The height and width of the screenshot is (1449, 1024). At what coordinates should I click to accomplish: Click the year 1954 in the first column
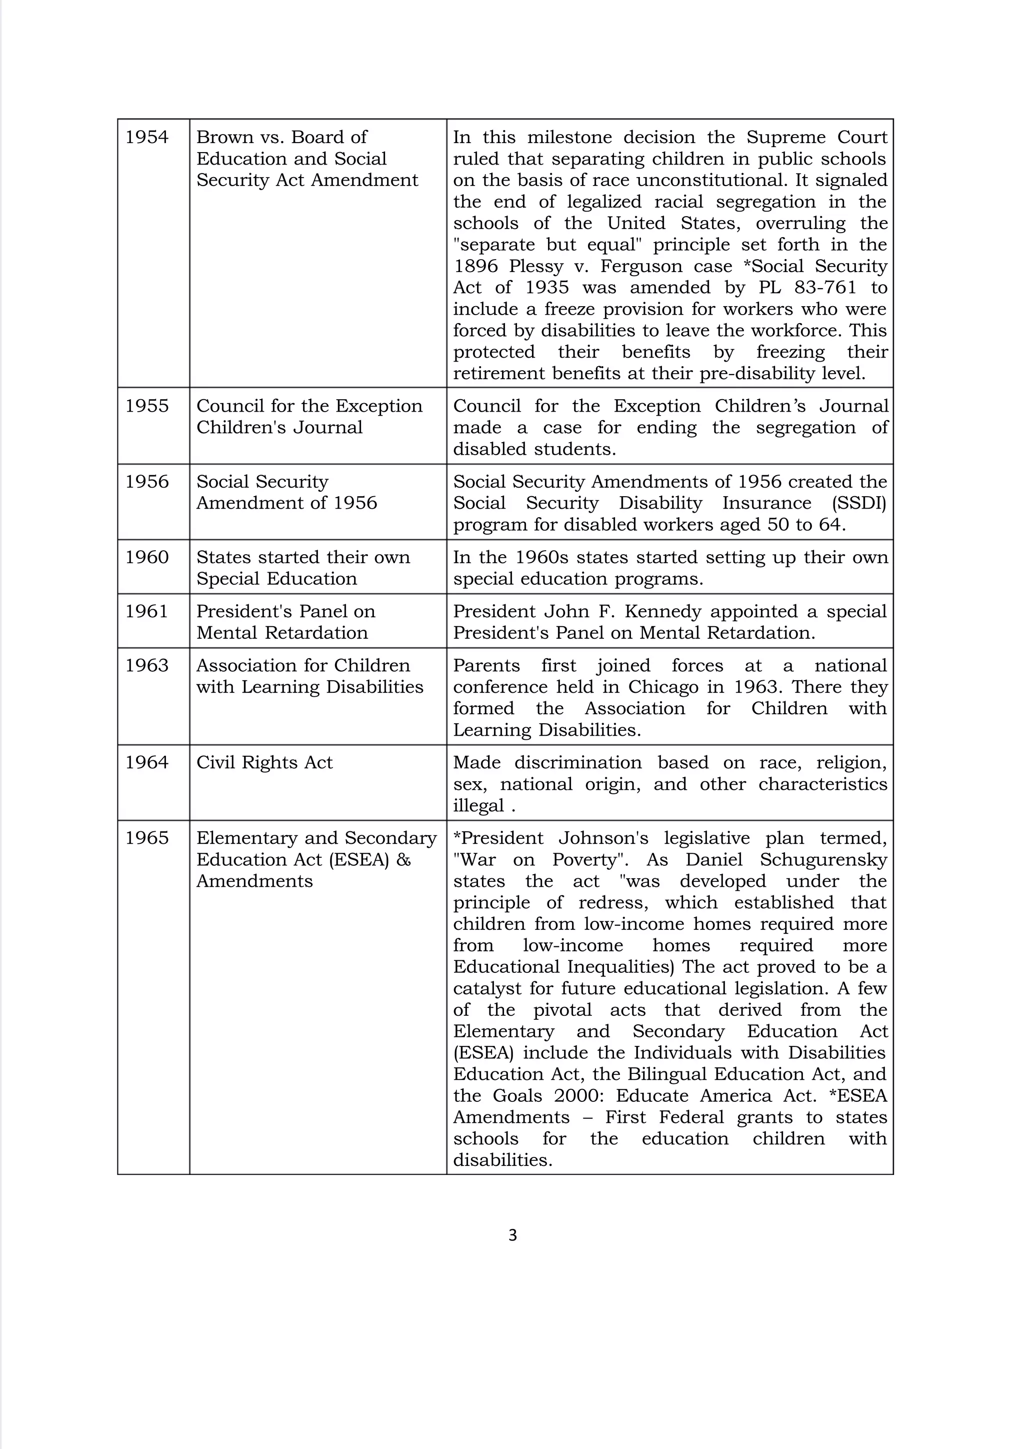point(146,137)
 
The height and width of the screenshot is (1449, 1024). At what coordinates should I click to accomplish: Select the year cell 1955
point(146,406)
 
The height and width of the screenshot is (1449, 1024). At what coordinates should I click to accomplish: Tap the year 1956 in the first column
point(146,482)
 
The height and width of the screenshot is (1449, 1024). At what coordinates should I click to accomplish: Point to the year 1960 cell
point(146,557)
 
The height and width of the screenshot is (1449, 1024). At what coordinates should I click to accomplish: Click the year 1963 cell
point(146,665)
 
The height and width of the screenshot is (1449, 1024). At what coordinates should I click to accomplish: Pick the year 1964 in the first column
point(146,762)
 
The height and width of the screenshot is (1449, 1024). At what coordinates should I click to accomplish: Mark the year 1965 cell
point(146,838)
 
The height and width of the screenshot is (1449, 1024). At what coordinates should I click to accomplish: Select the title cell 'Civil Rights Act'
point(264,762)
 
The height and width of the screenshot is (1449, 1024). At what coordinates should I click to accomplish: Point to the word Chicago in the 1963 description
point(663,687)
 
